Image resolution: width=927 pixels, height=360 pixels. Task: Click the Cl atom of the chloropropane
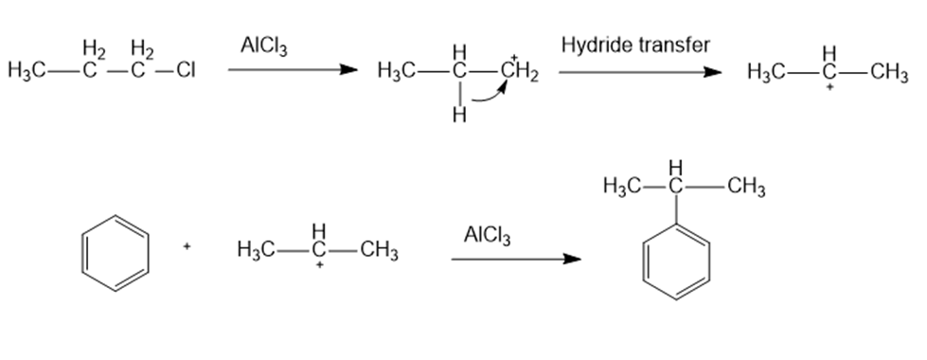(186, 70)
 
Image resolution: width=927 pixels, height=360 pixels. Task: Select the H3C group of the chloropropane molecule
(27, 70)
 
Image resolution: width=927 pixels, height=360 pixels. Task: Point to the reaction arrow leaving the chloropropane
(293, 70)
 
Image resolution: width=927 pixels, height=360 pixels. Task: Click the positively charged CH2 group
(519, 72)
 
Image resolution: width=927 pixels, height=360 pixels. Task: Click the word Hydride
(597, 45)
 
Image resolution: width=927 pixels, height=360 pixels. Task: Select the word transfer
(674, 45)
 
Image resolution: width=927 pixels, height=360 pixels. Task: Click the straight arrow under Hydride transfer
(640, 72)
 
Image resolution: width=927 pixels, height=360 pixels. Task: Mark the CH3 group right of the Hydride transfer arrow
(889, 73)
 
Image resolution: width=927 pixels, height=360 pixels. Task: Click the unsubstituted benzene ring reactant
(116, 253)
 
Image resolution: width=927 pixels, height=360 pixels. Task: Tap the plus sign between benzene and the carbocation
(187, 246)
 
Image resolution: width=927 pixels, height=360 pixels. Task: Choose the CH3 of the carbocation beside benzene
(379, 251)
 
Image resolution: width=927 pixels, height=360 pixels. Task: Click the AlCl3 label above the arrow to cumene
(487, 235)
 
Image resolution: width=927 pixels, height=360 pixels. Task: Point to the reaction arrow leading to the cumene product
(516, 259)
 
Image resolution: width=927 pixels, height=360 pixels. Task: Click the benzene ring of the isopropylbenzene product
(676, 261)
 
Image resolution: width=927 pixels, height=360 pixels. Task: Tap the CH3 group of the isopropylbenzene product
(746, 187)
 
